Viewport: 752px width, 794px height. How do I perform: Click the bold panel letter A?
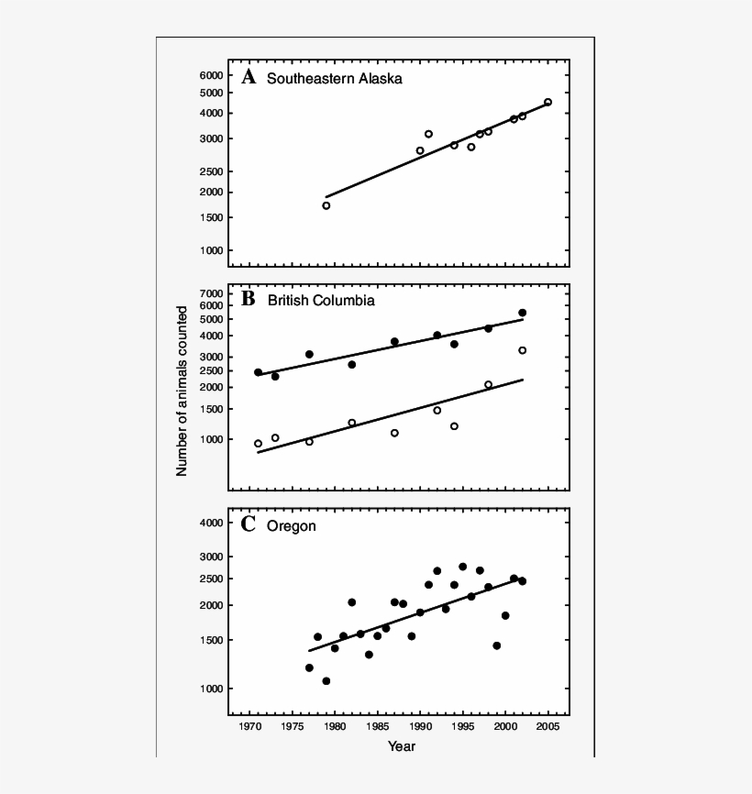[248, 77]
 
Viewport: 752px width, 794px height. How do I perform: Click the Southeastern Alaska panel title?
[334, 79]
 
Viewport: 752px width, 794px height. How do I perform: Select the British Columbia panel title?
[320, 300]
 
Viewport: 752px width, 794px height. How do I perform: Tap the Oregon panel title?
[292, 526]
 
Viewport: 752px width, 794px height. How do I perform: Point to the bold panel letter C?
[248, 525]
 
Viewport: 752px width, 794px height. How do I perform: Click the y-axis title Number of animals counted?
[182, 391]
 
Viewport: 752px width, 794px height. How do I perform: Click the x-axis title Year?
[401, 746]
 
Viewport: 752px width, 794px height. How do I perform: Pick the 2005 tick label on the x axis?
[548, 726]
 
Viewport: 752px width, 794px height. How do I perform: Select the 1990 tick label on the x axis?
[420, 726]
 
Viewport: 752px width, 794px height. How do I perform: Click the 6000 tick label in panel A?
[211, 75]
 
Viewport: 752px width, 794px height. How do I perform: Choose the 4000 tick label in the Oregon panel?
[211, 523]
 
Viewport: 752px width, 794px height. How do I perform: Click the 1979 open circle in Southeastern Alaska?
[326, 205]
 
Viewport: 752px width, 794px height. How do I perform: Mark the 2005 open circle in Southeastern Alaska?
[547, 103]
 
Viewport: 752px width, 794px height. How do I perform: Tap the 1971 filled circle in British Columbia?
[258, 372]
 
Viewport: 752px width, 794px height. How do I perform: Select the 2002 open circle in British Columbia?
[522, 350]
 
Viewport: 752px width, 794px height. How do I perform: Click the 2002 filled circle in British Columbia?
[522, 313]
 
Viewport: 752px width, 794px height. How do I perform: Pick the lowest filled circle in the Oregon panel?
[326, 681]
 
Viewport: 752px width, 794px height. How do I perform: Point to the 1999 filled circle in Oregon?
[496, 645]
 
